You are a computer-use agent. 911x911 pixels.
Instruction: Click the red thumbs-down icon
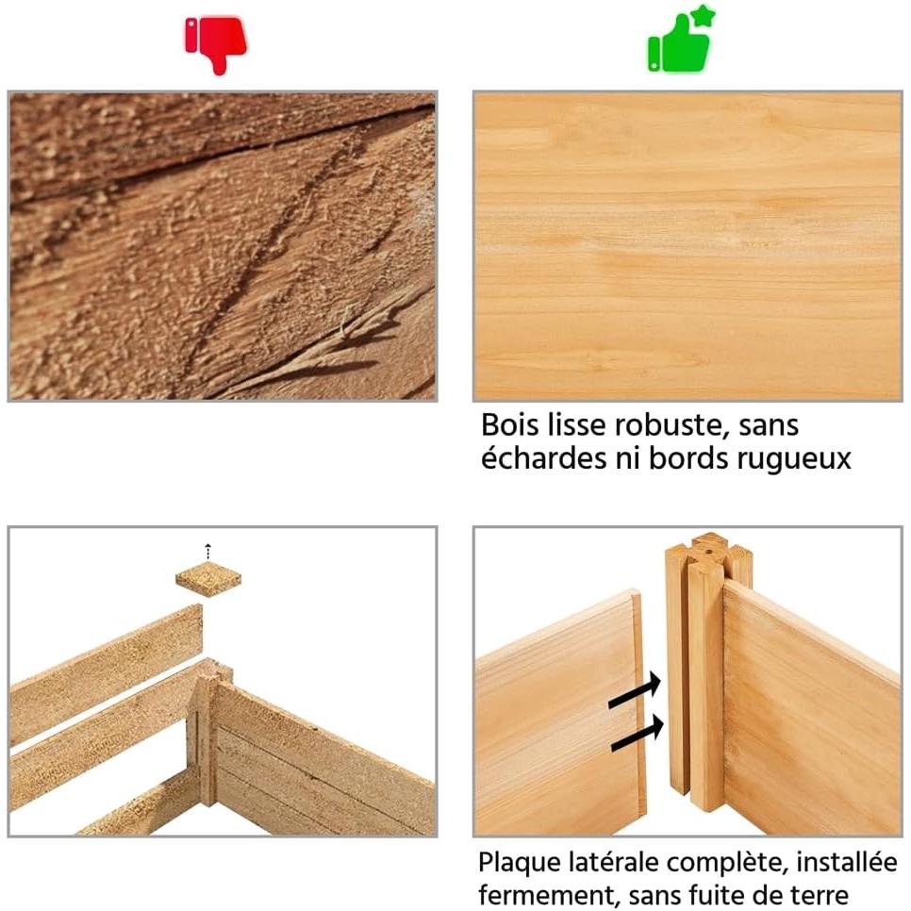(x=216, y=44)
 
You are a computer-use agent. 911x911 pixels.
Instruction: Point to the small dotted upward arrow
(x=208, y=552)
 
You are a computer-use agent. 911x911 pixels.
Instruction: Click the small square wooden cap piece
(x=208, y=582)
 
